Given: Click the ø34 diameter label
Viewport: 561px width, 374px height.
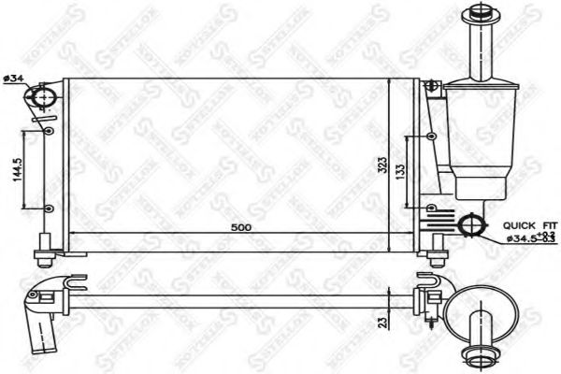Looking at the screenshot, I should pos(12,77).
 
